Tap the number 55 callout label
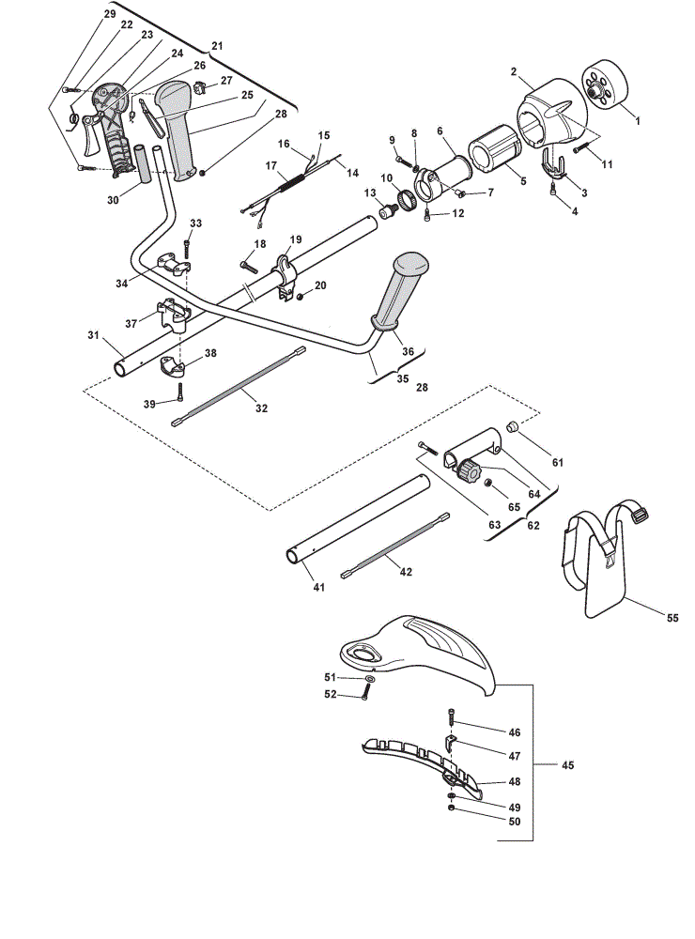point(672,618)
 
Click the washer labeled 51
point(370,679)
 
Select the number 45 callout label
point(567,764)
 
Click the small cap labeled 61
point(512,427)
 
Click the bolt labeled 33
point(187,249)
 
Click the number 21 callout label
point(217,45)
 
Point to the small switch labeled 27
point(199,86)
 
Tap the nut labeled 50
point(450,808)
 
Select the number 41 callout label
point(318,588)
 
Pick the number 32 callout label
point(261,408)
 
